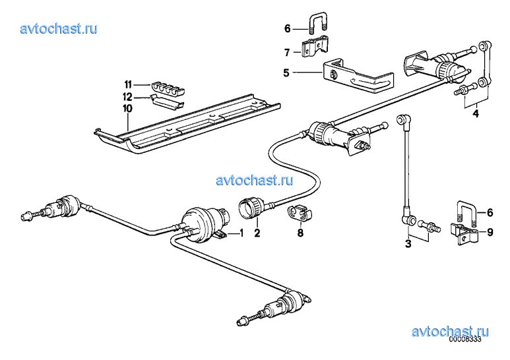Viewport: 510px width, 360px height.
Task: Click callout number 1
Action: pos(241,233)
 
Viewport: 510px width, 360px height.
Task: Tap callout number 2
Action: pos(257,233)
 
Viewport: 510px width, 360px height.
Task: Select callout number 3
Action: pos(408,243)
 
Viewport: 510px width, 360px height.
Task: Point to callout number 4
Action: pos(476,113)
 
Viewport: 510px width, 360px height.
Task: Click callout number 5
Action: pos(286,73)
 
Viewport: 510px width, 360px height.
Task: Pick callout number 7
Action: pos(287,52)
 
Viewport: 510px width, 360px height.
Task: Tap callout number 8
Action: pos(300,233)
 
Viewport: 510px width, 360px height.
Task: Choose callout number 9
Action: pos(490,232)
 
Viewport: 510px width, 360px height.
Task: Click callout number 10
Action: pos(127,108)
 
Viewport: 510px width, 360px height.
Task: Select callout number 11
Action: pos(128,84)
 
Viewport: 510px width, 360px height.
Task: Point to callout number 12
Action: pos(127,96)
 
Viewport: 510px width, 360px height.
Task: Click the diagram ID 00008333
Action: pos(465,339)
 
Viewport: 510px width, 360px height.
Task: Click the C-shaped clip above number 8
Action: pos(300,212)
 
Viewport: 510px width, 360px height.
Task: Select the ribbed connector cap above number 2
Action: pos(251,208)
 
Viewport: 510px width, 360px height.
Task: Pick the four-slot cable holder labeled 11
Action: pos(168,89)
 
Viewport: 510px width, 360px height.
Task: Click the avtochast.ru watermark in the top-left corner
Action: pos(59,28)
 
